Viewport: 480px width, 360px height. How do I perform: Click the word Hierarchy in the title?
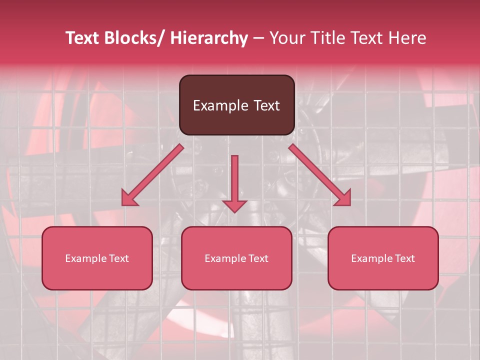(x=209, y=38)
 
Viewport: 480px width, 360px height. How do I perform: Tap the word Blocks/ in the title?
(x=134, y=38)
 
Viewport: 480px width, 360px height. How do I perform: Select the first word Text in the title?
(x=82, y=38)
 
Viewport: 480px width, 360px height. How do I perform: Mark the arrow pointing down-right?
(x=320, y=175)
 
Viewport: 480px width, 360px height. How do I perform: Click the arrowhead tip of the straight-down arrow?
(x=234, y=212)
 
